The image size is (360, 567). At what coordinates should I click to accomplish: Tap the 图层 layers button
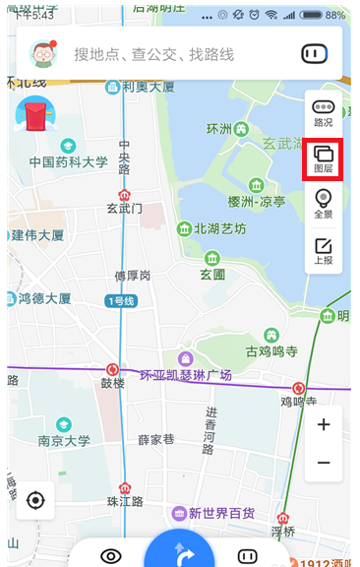[x=323, y=159]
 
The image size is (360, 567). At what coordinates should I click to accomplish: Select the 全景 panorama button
[x=323, y=205]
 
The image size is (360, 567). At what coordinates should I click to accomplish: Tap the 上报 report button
[x=323, y=251]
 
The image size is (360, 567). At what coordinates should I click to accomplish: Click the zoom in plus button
[x=324, y=425]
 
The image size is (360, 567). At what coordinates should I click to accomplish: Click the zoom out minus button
[x=324, y=462]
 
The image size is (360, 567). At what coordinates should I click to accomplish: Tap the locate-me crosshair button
[x=36, y=500]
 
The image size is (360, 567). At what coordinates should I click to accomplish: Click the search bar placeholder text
[x=153, y=54]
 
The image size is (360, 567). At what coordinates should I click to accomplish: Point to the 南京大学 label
[x=63, y=441]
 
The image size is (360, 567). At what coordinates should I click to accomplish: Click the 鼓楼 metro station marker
[x=112, y=370]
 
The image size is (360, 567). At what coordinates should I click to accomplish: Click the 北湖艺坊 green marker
[x=184, y=229]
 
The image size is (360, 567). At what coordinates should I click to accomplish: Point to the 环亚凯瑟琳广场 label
[x=185, y=375]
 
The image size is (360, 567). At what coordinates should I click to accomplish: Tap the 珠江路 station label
[x=124, y=501]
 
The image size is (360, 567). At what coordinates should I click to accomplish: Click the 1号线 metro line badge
[x=121, y=300]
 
